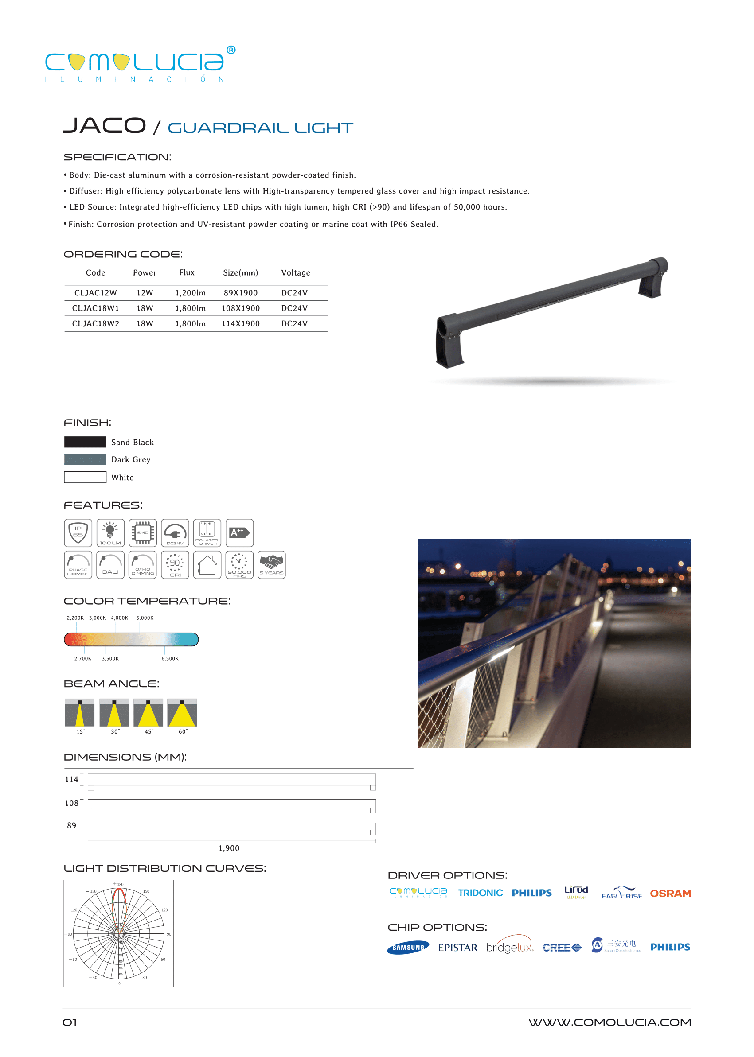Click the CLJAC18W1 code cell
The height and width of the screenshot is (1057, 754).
pyautogui.click(x=95, y=308)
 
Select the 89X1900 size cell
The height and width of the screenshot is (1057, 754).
pyautogui.click(x=241, y=293)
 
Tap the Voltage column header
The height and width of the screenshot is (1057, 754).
pyautogui.click(x=295, y=273)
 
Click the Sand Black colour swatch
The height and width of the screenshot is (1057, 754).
pyautogui.click(x=85, y=442)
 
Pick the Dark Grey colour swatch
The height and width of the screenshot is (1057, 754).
pyautogui.click(x=85, y=459)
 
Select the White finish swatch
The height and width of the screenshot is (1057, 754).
pyautogui.click(x=85, y=477)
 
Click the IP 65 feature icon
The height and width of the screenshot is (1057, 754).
pyautogui.click(x=78, y=532)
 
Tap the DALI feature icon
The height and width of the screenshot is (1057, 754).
pyautogui.click(x=110, y=565)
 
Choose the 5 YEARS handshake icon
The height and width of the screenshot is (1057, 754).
pyautogui.click(x=272, y=565)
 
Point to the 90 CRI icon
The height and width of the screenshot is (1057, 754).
pyautogui.click(x=175, y=565)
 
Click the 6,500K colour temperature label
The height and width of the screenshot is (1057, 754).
pyautogui.click(x=170, y=658)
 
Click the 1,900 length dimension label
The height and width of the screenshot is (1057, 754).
pyautogui.click(x=229, y=848)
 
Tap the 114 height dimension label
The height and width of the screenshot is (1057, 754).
pyautogui.click(x=71, y=780)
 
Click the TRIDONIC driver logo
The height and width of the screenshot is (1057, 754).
pyautogui.click(x=480, y=893)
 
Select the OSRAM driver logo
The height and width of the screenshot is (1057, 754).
pyautogui.click(x=670, y=893)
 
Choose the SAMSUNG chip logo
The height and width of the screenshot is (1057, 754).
pyautogui.click(x=408, y=948)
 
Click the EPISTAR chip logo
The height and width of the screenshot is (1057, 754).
pyautogui.click(x=457, y=948)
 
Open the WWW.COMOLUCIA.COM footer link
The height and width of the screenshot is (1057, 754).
pyautogui.click(x=609, y=1022)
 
